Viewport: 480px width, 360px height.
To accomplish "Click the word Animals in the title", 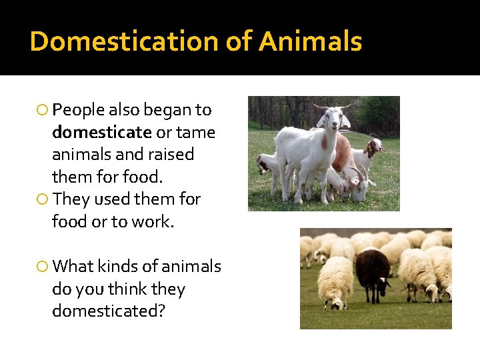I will (310, 41).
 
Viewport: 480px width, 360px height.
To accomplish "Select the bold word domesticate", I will (102, 132).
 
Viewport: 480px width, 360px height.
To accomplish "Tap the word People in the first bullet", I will (78, 109).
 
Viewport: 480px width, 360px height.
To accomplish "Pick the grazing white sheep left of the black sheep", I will (335, 281).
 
